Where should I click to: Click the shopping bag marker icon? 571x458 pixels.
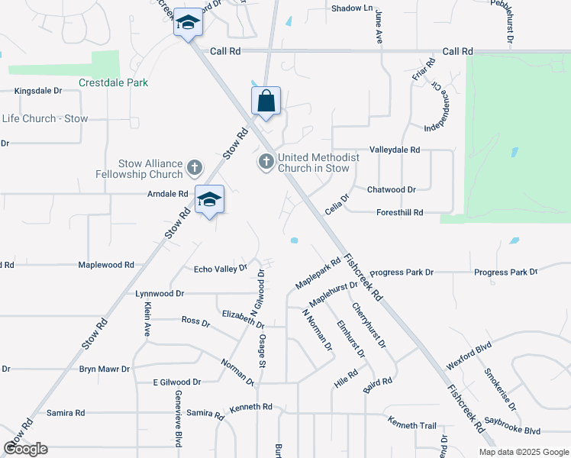click(x=266, y=101)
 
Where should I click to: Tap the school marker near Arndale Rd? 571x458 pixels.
click(x=209, y=200)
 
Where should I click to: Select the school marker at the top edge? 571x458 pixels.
click(x=188, y=23)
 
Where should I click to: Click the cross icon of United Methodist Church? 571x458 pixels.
click(x=266, y=162)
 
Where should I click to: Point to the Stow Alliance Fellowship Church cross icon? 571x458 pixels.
click(x=195, y=167)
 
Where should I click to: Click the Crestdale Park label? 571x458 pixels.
click(x=113, y=82)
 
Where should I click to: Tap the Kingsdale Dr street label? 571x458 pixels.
click(x=39, y=91)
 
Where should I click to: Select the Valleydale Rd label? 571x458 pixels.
click(x=395, y=150)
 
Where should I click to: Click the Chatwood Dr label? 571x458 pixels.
click(x=391, y=189)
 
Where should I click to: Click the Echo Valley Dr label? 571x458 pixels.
click(x=221, y=269)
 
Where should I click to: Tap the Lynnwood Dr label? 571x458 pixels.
click(x=160, y=293)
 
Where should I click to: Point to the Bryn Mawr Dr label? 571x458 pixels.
click(x=105, y=369)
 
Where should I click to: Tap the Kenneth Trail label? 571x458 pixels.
click(x=411, y=424)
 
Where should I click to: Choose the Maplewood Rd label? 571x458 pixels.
click(x=106, y=265)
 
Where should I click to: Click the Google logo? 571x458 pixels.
click(x=26, y=449)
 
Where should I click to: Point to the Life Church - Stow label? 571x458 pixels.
click(x=45, y=118)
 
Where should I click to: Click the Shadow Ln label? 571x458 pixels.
click(x=353, y=8)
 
